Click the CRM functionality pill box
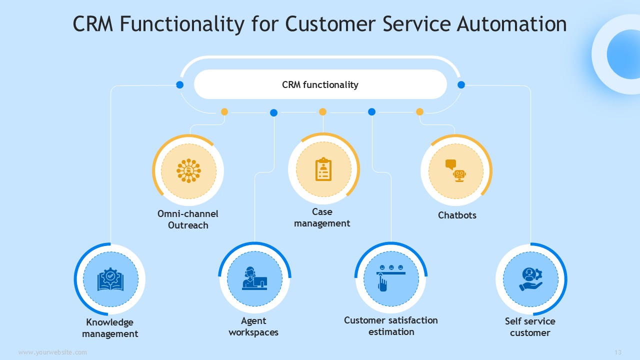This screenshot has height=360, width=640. coord(320,84)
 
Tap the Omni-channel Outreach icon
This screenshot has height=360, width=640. coord(188,171)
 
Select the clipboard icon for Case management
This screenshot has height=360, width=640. coord(323,169)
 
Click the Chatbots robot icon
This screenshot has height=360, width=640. coord(455,171)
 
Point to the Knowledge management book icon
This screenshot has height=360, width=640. coord(110,279)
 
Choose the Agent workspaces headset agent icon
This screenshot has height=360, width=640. coord(254,278)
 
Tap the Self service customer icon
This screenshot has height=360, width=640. coord(531,279)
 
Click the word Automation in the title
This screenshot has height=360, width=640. coord(511,23)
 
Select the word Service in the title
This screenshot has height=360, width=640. coord(417,23)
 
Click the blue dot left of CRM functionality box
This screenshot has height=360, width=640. coord(179,85)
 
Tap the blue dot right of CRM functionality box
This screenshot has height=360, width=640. coord(461,85)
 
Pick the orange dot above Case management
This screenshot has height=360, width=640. coord(322,111)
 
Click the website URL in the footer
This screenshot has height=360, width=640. coord(52,352)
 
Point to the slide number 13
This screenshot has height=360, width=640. coord(618,352)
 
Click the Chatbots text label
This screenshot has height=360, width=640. coord(457,215)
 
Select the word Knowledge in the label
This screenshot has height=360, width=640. coord(109,322)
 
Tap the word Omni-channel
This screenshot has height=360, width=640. coord(187,213)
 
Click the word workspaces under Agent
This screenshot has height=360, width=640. coord(253,332)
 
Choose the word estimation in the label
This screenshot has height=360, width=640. coord(391,332)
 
